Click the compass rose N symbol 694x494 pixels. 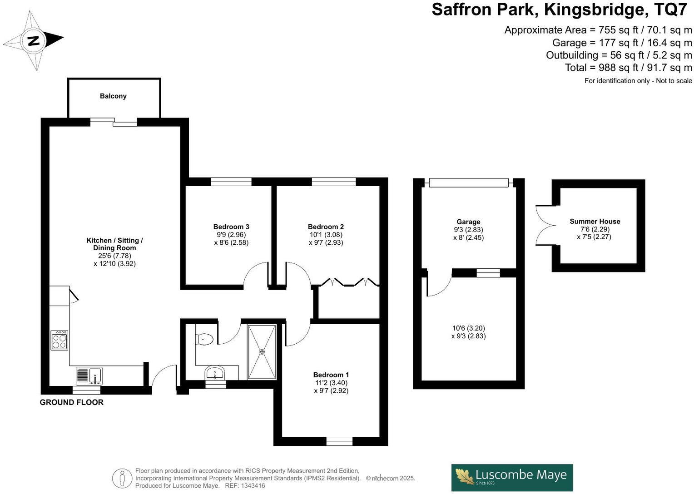pyautogui.click(x=33, y=41)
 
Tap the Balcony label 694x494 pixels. pyautogui.click(x=113, y=96)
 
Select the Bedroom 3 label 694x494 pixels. pyautogui.click(x=231, y=227)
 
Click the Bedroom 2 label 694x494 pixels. pyautogui.click(x=326, y=227)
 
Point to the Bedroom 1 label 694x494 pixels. pyautogui.click(x=331, y=375)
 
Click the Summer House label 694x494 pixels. pyautogui.click(x=595, y=222)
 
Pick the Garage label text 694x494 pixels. pyautogui.click(x=468, y=222)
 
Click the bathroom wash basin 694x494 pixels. pyautogui.click(x=214, y=374)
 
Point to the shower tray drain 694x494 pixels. pyautogui.click(x=262, y=351)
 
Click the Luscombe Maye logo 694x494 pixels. pyautogui.click(x=512, y=477)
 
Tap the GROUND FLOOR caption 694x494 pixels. pyautogui.click(x=71, y=402)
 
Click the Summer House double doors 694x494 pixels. pyautogui.click(x=543, y=225)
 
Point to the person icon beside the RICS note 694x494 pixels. pyautogui.click(x=122, y=478)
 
